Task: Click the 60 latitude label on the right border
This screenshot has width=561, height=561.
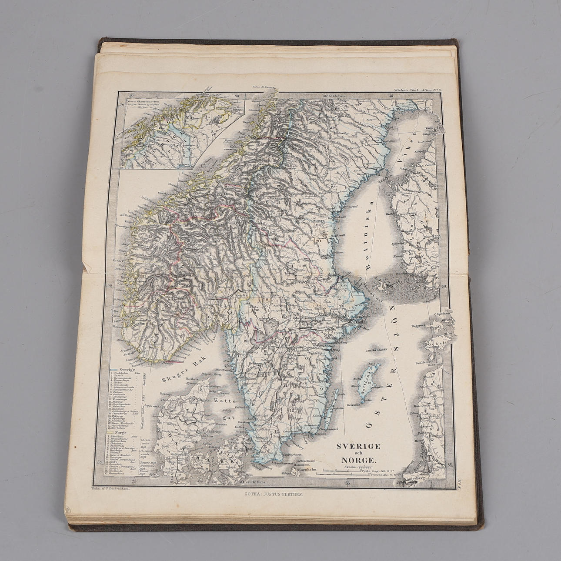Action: [444, 287]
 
